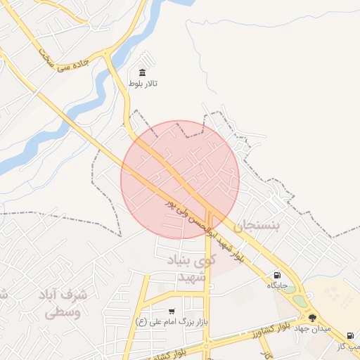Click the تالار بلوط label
pos(143,84)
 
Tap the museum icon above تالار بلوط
pos(143,73)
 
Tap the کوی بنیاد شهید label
pos(188,269)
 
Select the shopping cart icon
pos(172,311)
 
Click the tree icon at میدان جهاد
pos(312,318)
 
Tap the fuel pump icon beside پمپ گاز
pos(350,335)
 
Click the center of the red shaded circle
pos(180,179)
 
